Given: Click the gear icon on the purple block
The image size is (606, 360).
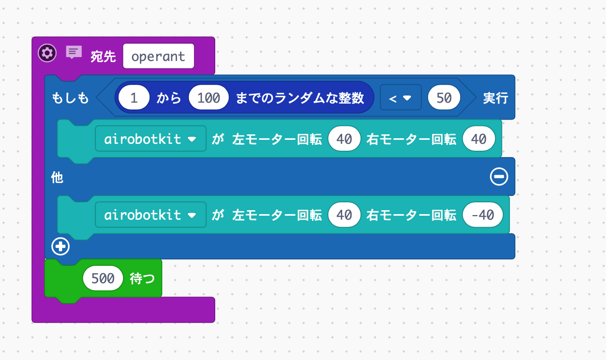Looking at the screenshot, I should tap(47, 53).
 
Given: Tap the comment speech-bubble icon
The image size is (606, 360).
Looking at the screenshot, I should tap(74, 52).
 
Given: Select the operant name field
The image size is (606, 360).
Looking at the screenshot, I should tap(158, 56).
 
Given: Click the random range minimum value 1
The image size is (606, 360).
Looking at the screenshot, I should tap(133, 98).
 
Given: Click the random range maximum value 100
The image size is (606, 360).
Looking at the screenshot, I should tap(208, 98).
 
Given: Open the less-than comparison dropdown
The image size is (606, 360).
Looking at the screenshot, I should tap(400, 98).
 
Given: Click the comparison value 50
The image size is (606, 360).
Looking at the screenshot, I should tap(444, 98).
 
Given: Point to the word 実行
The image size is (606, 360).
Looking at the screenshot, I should tap(495, 98).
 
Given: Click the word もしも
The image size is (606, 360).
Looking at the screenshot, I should tap(70, 98).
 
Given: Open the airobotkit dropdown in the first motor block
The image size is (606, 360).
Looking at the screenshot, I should tap(150, 139).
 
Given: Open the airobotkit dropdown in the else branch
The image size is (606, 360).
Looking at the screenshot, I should tap(150, 215).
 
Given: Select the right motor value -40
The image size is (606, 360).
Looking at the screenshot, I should tap(483, 215).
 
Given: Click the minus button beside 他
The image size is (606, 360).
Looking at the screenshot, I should tap(498, 177).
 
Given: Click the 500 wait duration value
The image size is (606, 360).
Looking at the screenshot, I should tap(103, 279).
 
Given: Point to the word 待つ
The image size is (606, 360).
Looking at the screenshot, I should tap(142, 279).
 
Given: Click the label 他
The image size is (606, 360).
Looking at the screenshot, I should tap(57, 178).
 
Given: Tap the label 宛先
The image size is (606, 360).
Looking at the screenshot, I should tap(103, 57).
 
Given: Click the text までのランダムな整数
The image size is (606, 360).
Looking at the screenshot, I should tap(300, 98).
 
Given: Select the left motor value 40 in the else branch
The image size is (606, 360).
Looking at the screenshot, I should tap(344, 215).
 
